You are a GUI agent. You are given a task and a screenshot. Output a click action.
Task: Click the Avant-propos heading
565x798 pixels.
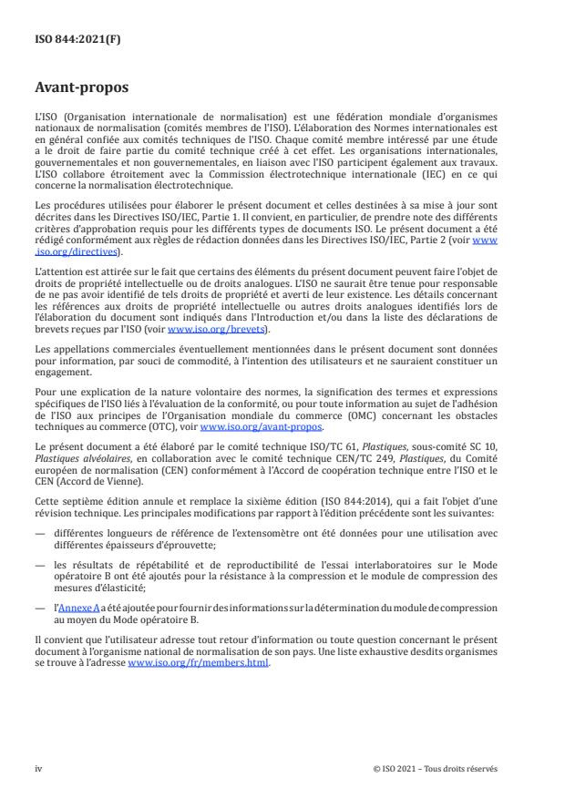tap(80, 89)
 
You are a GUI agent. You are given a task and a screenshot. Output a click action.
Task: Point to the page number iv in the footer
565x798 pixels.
tap(37, 768)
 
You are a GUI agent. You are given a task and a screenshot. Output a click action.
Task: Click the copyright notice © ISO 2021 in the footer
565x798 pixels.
tap(436, 768)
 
